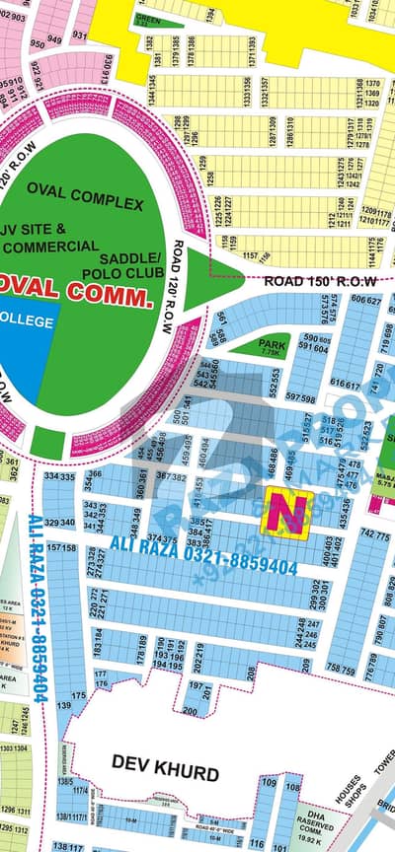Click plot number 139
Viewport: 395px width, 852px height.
(x=64, y=706)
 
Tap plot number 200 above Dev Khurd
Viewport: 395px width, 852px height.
(x=190, y=711)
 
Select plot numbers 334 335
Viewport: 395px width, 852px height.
(x=59, y=476)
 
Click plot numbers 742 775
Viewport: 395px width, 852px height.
(x=374, y=533)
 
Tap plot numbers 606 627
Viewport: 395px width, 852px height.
(x=365, y=300)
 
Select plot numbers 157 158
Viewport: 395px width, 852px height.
(x=61, y=547)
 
